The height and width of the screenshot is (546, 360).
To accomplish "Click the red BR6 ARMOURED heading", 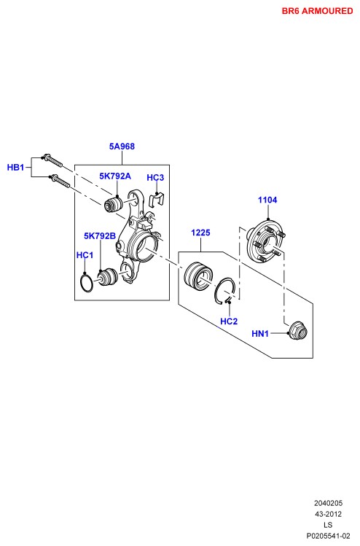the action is click(x=317, y=11).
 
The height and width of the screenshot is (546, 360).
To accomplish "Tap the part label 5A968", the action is click(x=122, y=147).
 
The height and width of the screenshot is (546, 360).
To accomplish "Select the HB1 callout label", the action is click(x=15, y=168).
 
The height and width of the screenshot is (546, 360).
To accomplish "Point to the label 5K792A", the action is click(x=115, y=176).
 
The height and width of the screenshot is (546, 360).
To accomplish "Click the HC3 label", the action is click(x=155, y=178).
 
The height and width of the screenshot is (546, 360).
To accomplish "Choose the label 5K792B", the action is click(x=100, y=236).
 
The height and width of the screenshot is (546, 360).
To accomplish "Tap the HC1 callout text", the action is click(x=85, y=255).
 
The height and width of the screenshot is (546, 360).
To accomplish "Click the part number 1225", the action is click(x=200, y=233).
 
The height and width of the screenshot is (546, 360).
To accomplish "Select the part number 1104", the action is click(x=267, y=200).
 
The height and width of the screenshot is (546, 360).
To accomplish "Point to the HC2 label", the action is click(x=229, y=321).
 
